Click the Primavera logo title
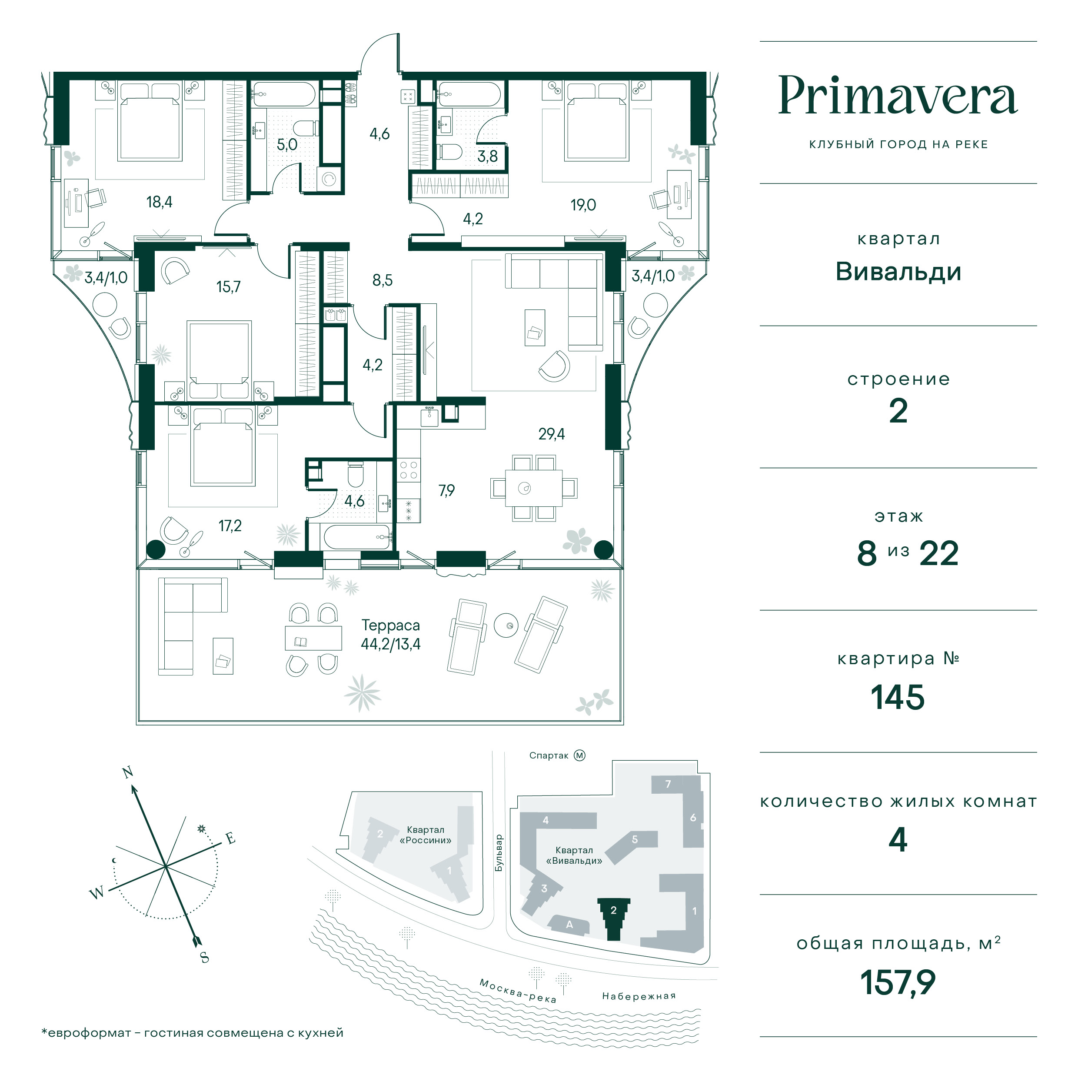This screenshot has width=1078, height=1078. (898, 96)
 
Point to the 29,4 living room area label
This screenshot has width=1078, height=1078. (551, 433)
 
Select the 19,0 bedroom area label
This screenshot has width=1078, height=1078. (583, 205)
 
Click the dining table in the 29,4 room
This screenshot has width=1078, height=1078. (534, 488)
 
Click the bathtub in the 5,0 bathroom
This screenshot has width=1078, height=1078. (284, 94)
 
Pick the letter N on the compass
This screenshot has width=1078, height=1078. (128, 772)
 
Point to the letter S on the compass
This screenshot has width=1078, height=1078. (205, 958)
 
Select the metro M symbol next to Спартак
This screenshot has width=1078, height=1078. (580, 755)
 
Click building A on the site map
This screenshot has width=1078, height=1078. (569, 925)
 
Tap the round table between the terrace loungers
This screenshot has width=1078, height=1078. (506, 626)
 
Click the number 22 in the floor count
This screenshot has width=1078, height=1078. (939, 554)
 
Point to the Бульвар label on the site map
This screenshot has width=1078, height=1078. (499, 853)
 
